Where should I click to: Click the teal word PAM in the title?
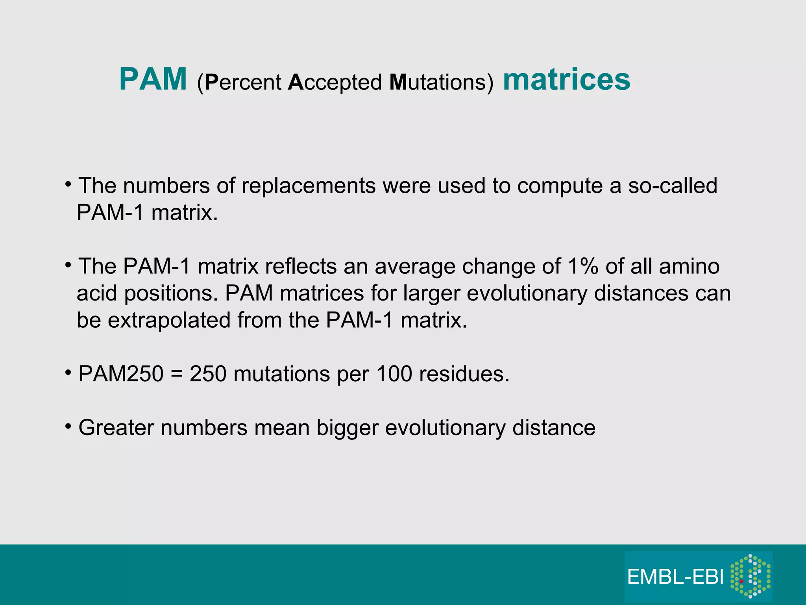[x=153, y=80]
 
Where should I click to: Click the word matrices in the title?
[x=566, y=80]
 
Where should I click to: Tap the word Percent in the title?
[x=243, y=82]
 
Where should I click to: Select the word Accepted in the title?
[x=335, y=82]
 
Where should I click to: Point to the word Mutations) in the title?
[x=441, y=82]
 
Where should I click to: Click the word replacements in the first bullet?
[x=309, y=186]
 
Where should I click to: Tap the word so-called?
[x=673, y=186]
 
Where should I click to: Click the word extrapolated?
[x=169, y=320]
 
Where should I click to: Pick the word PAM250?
[x=121, y=374]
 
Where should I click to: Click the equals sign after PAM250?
[x=177, y=374]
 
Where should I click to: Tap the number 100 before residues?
[x=394, y=374]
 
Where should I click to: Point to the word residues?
[x=464, y=374]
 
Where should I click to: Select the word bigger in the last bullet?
[x=347, y=428]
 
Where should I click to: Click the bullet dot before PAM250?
[x=68, y=372]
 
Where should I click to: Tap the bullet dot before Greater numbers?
[x=68, y=426]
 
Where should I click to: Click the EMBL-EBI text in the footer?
[x=675, y=577]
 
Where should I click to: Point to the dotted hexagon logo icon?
[x=750, y=576]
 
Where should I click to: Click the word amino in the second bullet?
[x=690, y=266]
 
